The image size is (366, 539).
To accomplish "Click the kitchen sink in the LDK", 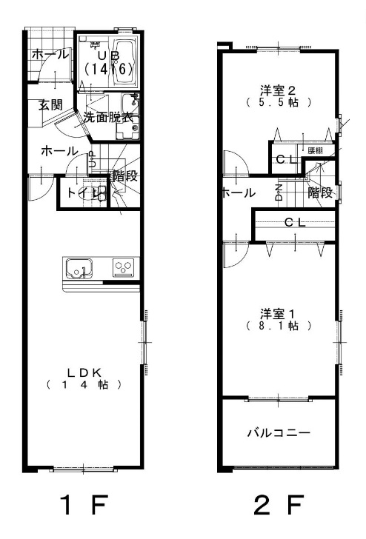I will pyautogui.click(x=77, y=267).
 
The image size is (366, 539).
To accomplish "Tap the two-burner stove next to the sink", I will pyautogui.click(x=123, y=267).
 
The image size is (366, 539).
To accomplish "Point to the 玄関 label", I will pyautogui.click(x=50, y=104).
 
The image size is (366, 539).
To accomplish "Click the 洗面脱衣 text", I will pyautogui.click(x=107, y=116).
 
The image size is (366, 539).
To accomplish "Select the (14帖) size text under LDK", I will pyautogui.click(x=83, y=385).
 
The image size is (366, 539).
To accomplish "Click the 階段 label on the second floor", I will pyautogui.click(x=319, y=192).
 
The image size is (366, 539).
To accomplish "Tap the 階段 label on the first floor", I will pyautogui.click(x=124, y=176).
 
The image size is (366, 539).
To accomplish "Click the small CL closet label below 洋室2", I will pyautogui.click(x=285, y=159).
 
